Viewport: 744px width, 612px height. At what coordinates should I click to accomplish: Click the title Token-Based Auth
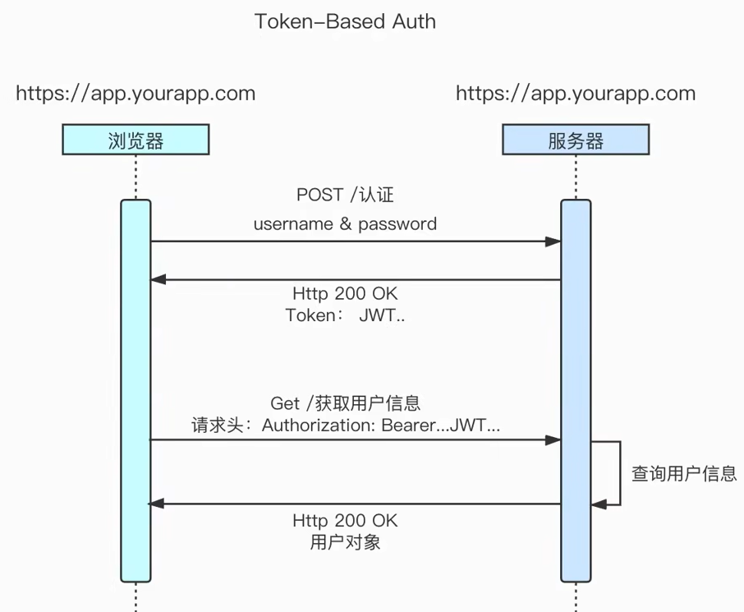click(345, 22)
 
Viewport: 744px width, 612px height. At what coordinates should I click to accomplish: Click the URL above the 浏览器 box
click(135, 93)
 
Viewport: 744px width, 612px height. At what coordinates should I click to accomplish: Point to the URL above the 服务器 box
click(576, 93)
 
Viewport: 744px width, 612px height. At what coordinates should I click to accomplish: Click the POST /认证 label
click(345, 196)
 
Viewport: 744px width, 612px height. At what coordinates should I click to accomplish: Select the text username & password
click(345, 223)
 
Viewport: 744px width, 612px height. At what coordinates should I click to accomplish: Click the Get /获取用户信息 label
click(345, 403)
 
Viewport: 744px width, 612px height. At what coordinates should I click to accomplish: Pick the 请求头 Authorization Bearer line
click(346, 426)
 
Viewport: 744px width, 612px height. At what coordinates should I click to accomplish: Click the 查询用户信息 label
click(683, 473)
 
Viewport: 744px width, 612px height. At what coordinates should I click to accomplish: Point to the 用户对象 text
click(345, 542)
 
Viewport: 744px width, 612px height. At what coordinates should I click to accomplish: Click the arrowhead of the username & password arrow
click(554, 242)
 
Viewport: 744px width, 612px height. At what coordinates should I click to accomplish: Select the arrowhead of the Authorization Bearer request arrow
click(554, 440)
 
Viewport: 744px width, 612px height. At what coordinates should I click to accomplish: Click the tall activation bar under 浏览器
click(135, 390)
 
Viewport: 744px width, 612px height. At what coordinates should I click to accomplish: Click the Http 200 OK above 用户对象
click(345, 521)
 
